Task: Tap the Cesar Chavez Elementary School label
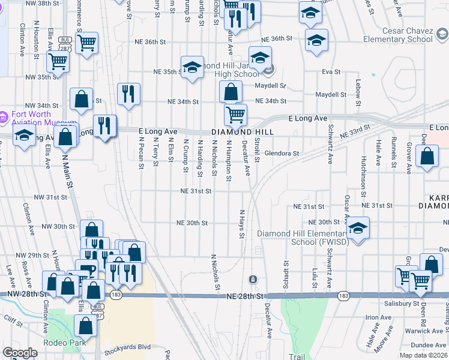click(x=397, y=34)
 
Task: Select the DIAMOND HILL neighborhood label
click(x=242, y=132)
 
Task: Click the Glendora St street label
click(x=282, y=154)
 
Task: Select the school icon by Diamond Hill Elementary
click(x=358, y=229)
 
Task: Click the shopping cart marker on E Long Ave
click(x=235, y=114)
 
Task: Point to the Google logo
click(x=20, y=353)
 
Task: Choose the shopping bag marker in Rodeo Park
click(x=85, y=326)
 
